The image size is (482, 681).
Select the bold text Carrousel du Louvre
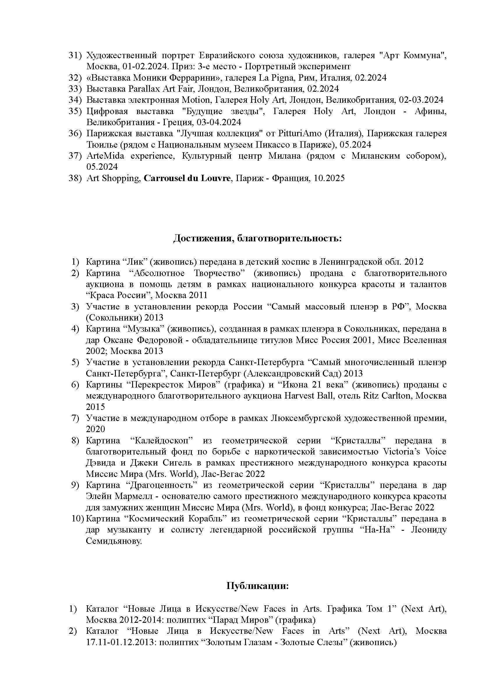tap(187, 178)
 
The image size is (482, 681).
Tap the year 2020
tap(95, 429)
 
